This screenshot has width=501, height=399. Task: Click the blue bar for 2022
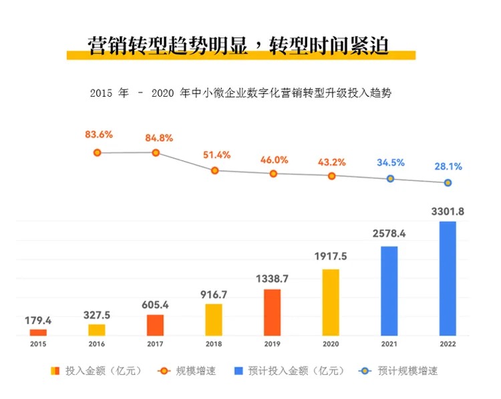pos(448,278)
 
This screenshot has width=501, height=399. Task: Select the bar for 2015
pos(39,332)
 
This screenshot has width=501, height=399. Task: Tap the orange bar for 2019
pos(272,312)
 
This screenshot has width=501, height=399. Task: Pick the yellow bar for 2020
pos(331,302)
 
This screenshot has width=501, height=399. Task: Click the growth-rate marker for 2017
pos(156,152)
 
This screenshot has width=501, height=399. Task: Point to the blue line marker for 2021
pos(390,179)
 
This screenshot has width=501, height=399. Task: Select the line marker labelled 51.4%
pos(214,170)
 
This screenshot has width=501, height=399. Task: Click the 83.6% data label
pos(99,134)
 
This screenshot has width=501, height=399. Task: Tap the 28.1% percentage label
pos(448,166)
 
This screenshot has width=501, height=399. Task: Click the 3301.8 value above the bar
pos(448,212)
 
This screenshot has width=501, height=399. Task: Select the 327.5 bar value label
pos(97,314)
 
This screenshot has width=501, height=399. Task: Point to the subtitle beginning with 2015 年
pos(240,93)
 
